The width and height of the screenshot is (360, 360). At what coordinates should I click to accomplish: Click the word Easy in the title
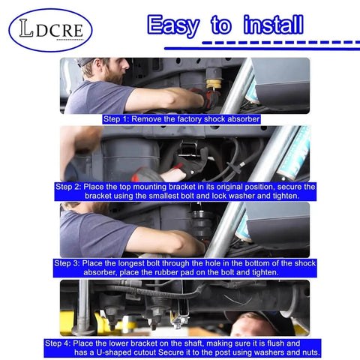coord(173,25)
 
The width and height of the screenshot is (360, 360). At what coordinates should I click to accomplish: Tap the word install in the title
coord(274,25)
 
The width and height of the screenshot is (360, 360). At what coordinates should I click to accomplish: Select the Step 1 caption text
coord(181,119)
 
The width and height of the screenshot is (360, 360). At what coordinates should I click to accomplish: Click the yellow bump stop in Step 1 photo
coord(214,84)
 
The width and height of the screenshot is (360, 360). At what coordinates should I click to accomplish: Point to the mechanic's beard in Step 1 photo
coord(114,77)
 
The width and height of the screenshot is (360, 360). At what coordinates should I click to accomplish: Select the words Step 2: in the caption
coord(67,187)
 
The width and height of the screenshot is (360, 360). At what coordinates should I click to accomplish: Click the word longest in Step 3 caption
coord(131,263)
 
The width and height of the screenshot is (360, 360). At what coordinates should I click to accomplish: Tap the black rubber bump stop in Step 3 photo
coord(201,224)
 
